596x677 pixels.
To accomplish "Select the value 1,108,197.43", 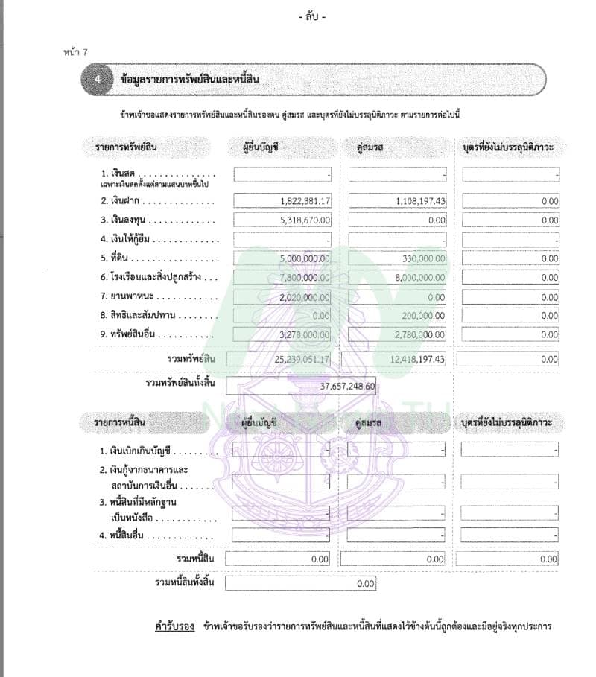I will [419, 201].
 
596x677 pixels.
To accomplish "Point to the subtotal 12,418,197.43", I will [416, 360].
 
